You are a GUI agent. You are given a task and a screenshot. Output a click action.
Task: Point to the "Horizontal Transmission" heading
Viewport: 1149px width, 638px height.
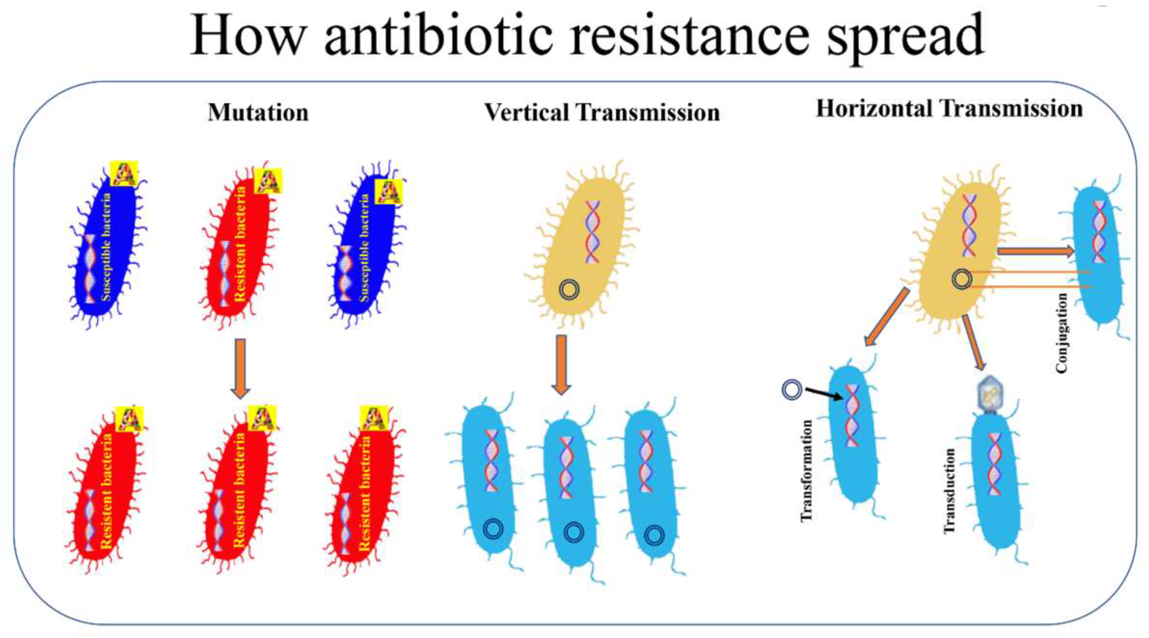(x=949, y=109)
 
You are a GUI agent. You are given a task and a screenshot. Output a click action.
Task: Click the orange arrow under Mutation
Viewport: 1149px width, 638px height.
(x=240, y=368)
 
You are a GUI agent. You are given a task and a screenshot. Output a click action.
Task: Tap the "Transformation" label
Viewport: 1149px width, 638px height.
(x=807, y=470)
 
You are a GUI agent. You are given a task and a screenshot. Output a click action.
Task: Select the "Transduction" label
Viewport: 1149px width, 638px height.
(x=950, y=490)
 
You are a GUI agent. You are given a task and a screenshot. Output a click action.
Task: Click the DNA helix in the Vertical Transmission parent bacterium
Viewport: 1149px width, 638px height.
(x=593, y=232)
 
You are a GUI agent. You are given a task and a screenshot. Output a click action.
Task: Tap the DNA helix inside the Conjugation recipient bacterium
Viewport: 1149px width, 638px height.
(x=1100, y=232)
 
